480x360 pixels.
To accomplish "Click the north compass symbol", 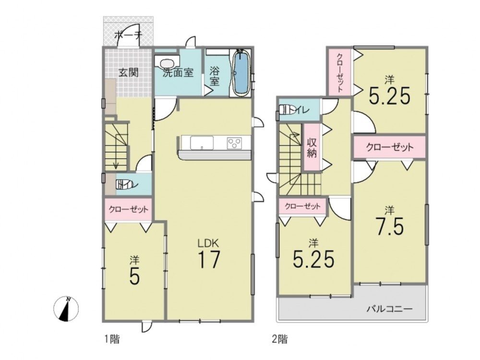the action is point(66,309).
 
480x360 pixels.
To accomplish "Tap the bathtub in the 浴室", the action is point(242,73).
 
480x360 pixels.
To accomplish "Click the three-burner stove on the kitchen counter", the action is point(234,143).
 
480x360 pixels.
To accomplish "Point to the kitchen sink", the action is point(202,143).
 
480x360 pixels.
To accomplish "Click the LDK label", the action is point(208,244).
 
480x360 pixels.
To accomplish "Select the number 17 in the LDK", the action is point(209,259).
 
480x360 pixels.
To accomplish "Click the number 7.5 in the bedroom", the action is point(390,226).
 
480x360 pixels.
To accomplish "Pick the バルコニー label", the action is point(390,308).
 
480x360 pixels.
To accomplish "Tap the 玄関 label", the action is point(129,72).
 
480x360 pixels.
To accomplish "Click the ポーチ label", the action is point(129,35).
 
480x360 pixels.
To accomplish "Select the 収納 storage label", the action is point(312,148).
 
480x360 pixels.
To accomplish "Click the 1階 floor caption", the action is point(112,339).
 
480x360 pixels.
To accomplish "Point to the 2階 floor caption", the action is point(280,339).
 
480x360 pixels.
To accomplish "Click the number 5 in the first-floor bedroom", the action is point(135,277).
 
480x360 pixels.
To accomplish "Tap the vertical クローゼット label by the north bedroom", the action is point(340,73).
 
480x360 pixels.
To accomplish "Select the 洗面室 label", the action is point(178,72).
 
